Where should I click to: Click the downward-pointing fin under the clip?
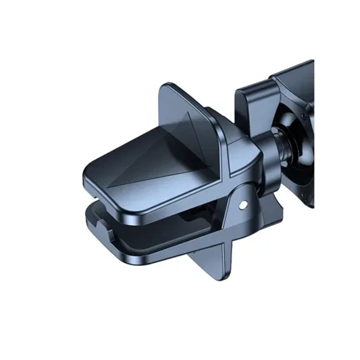pyautogui.click(x=211, y=260)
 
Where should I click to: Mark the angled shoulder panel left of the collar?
pyautogui.click(x=243, y=155)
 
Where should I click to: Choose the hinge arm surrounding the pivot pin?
pyautogui.click(x=239, y=214)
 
